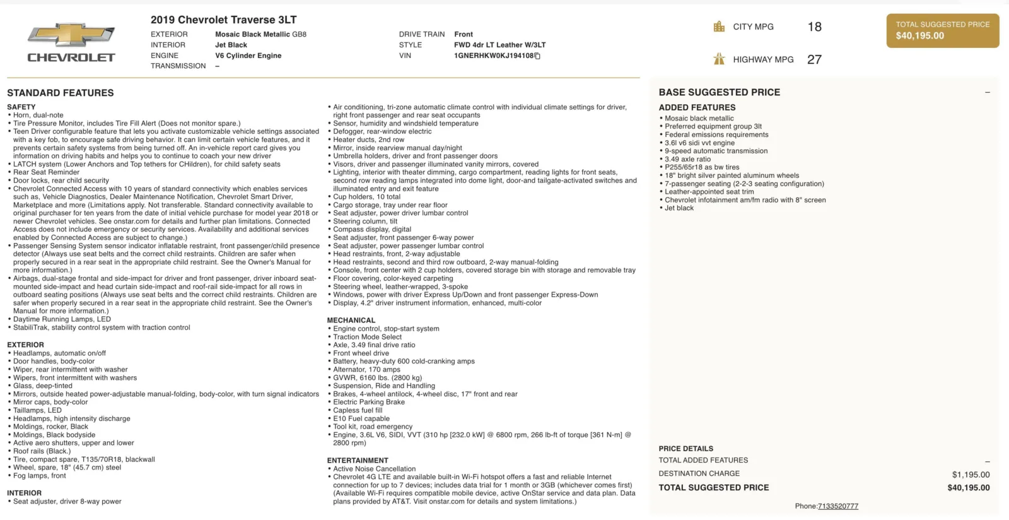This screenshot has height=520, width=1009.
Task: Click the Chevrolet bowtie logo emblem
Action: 71,35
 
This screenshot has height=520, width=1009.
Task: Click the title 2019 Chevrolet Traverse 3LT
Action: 223,20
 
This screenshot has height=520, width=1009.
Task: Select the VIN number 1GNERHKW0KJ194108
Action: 493,56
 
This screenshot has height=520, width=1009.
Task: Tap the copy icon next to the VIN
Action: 538,56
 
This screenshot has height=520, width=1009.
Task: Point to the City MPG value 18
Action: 814,27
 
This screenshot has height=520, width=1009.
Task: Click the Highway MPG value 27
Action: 814,60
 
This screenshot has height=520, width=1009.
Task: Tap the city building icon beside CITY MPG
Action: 719,27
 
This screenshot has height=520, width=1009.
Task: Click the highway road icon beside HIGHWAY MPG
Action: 719,59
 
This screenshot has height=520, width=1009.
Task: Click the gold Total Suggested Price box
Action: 942,30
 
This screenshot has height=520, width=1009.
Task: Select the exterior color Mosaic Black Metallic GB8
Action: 260,34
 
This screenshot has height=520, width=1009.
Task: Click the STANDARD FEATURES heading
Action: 61,93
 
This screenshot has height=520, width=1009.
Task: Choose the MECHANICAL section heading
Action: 351,321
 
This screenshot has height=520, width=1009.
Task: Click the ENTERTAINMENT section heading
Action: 358,461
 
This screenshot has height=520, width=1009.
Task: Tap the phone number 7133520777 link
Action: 837,506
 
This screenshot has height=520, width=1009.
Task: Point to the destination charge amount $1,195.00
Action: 971,475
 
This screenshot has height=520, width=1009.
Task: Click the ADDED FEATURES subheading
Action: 697,108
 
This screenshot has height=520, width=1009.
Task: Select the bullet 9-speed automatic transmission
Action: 716,151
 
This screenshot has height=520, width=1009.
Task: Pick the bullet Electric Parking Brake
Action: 369,402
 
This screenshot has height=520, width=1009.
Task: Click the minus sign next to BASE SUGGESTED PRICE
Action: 987,93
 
